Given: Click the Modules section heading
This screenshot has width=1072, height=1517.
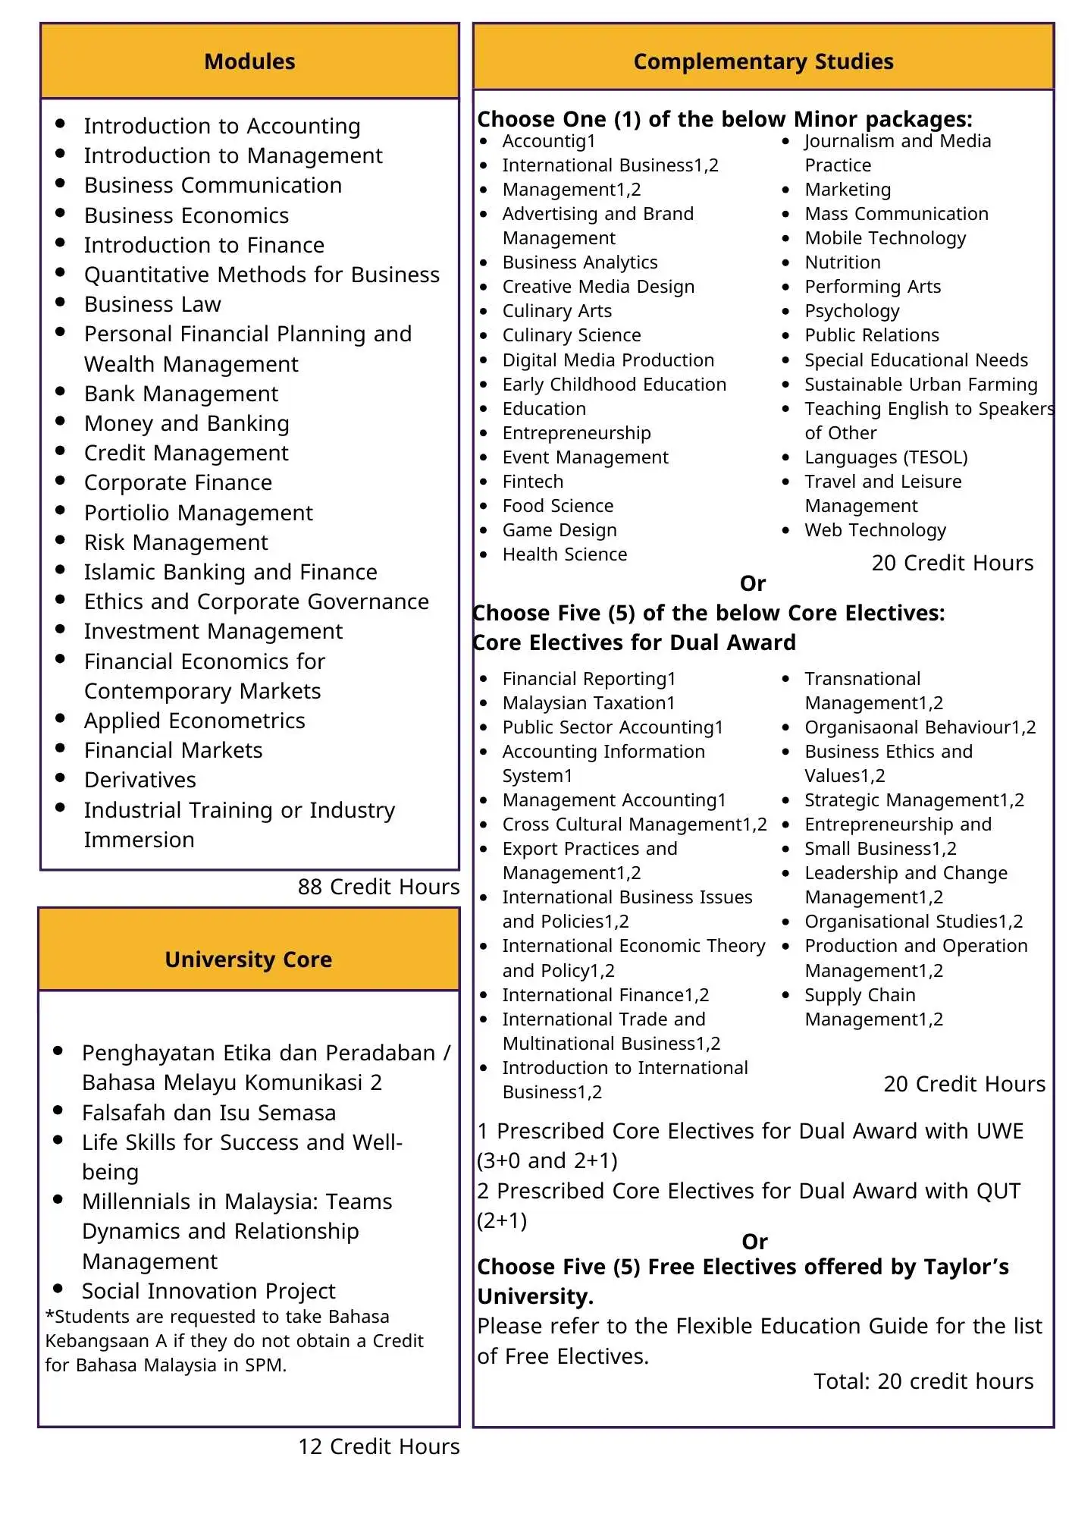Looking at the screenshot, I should pos(249,61).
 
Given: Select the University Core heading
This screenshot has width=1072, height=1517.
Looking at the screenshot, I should pos(249,960).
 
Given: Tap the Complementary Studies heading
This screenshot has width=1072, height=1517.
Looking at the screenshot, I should pos(763,61).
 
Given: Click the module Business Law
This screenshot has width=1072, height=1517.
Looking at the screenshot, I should pos(152,304).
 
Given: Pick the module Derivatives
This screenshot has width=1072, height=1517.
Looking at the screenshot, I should pos(140,780).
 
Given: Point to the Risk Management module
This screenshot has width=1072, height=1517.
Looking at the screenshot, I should pos(176,542).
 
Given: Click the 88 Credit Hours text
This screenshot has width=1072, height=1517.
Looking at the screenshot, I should pos(378,887).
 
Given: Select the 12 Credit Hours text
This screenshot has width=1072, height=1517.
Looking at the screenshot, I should pos(378,1446).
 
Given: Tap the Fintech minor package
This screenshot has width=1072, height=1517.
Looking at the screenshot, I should pos(533,482).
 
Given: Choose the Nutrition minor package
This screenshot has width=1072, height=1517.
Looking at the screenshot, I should pos(842,262).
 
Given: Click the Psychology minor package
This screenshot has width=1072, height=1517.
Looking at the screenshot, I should pos(851,311).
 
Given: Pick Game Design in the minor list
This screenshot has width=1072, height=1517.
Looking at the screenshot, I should pos(560,530).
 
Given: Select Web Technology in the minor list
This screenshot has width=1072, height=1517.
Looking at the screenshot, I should pos(875,530).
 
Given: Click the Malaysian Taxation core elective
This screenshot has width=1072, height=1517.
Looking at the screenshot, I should pos(588,703).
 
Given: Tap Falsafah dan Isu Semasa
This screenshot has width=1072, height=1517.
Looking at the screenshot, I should pos(208,1113).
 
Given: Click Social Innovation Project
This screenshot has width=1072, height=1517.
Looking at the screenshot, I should pos(208,1291).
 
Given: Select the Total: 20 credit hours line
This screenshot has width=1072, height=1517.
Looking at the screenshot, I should pos(923,1381).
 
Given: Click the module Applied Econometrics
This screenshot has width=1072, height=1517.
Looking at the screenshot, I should pos(194,721).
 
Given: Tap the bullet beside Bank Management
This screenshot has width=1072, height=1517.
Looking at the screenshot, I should pos(60,391).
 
